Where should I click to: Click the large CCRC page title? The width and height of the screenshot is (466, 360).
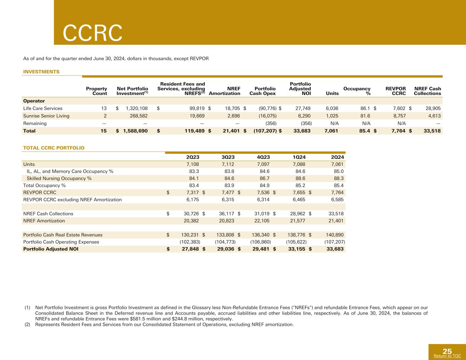(x=93, y=33)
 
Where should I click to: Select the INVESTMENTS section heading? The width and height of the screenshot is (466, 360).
(x=41, y=72)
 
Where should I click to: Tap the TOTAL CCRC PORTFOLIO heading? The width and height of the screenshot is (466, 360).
(x=54, y=148)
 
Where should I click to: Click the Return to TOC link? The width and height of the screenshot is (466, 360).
(x=447, y=356)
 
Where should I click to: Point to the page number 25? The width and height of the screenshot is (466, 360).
(x=447, y=351)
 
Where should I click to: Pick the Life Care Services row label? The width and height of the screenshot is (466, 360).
(x=43, y=109)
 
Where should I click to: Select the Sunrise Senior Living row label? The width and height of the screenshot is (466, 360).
(x=46, y=116)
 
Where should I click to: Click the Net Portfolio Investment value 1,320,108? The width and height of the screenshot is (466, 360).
(x=137, y=109)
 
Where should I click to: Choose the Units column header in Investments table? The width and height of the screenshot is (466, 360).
(x=333, y=93)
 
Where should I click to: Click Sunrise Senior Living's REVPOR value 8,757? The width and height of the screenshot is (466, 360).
(x=399, y=116)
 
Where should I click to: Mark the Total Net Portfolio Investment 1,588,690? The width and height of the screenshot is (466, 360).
(x=135, y=131)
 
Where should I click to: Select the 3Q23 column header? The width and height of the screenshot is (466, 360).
(x=228, y=157)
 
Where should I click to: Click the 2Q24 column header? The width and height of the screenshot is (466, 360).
(x=337, y=157)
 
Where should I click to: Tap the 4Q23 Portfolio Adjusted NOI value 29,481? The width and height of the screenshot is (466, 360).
(x=263, y=249)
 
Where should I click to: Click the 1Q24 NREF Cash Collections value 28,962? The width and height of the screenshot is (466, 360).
(x=298, y=214)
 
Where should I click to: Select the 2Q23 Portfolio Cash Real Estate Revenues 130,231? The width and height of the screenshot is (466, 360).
(x=189, y=235)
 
